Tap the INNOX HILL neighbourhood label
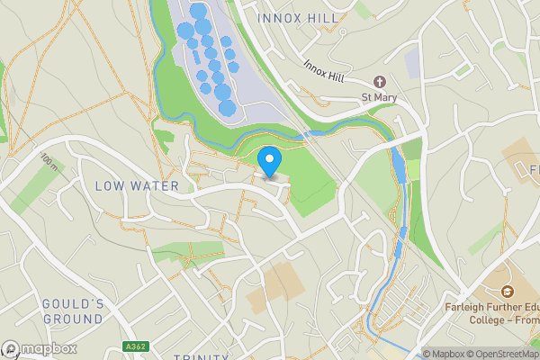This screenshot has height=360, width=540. (x=297, y=18)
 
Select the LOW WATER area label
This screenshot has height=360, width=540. (x=137, y=185)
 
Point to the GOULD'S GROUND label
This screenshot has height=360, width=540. (x=72, y=311)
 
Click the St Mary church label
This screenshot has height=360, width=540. (x=379, y=96)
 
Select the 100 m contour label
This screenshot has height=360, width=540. (x=49, y=163)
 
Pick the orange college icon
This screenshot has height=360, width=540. (x=508, y=292)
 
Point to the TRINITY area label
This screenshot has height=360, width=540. (x=202, y=357)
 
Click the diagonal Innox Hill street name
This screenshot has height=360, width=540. (x=324, y=69)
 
